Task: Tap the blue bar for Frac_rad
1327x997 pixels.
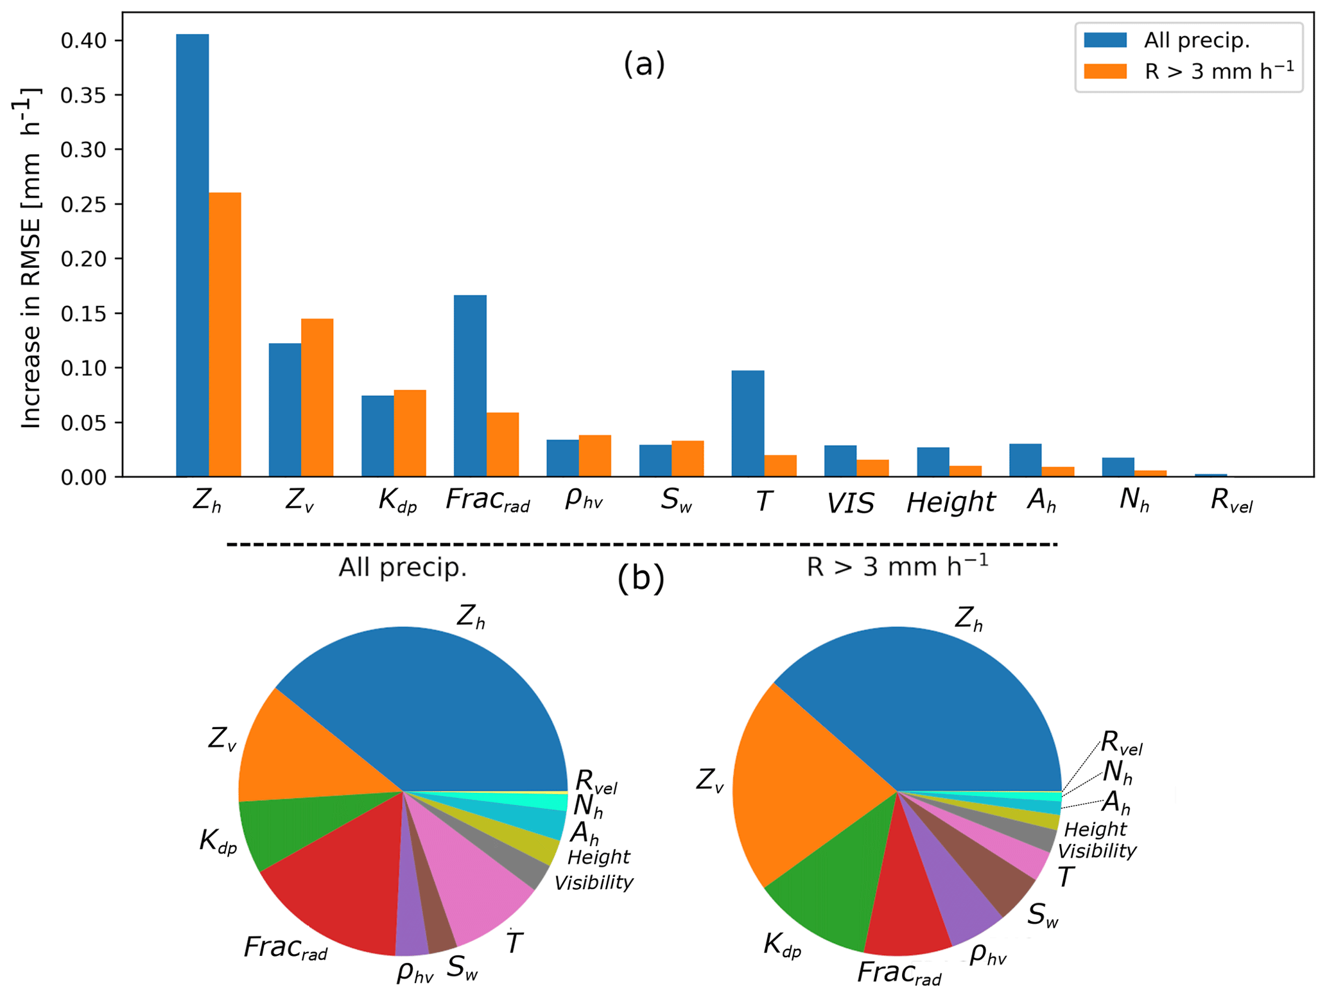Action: pyautogui.click(x=470, y=385)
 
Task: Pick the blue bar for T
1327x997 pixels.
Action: pyautogui.click(x=748, y=423)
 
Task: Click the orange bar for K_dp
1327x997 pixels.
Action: pyautogui.click(x=410, y=433)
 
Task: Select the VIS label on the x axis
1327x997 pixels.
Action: pyautogui.click(x=850, y=503)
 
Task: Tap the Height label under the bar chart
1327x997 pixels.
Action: pyautogui.click(x=950, y=502)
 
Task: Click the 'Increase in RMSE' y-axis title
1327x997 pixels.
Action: pyautogui.click(x=31, y=257)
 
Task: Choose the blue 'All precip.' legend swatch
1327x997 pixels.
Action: pyautogui.click(x=1105, y=40)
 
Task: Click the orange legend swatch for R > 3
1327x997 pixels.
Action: pyautogui.click(x=1105, y=71)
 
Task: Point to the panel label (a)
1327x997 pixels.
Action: pyautogui.click(x=644, y=64)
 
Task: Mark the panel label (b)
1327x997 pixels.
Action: pyautogui.click(x=640, y=578)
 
